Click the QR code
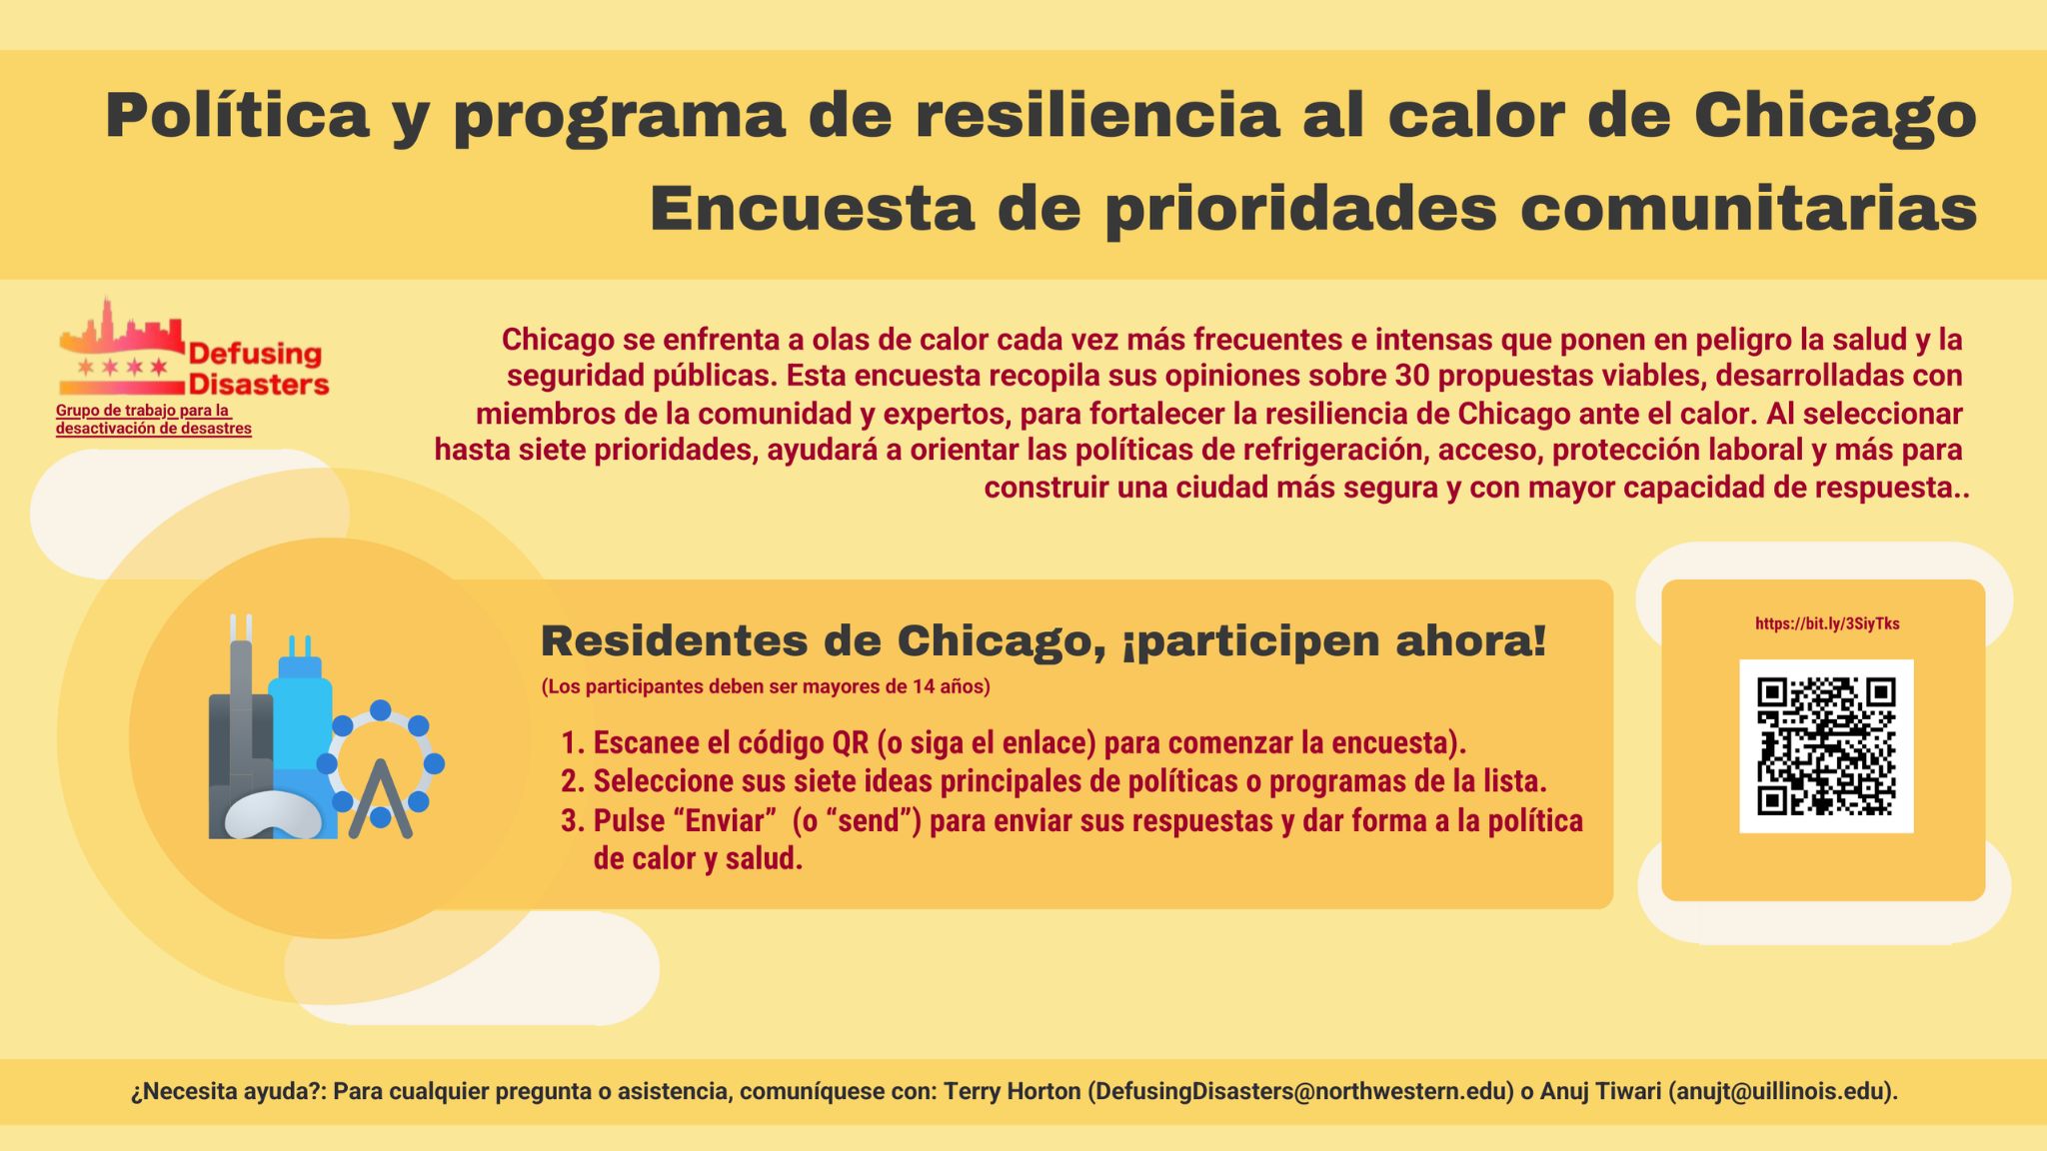pos(1826,746)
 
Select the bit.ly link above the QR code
pos(1827,623)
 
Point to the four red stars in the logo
pos(122,367)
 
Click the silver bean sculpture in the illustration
pos(273,814)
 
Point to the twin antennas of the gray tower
pos(241,627)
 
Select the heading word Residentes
pos(675,641)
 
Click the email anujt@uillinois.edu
pos(1781,1092)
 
